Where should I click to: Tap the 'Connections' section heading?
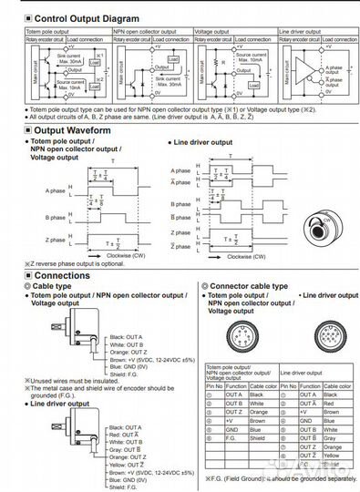(x=53, y=274)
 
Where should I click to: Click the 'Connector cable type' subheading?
(x=248, y=285)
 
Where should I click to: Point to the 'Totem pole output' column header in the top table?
(x=46, y=31)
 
